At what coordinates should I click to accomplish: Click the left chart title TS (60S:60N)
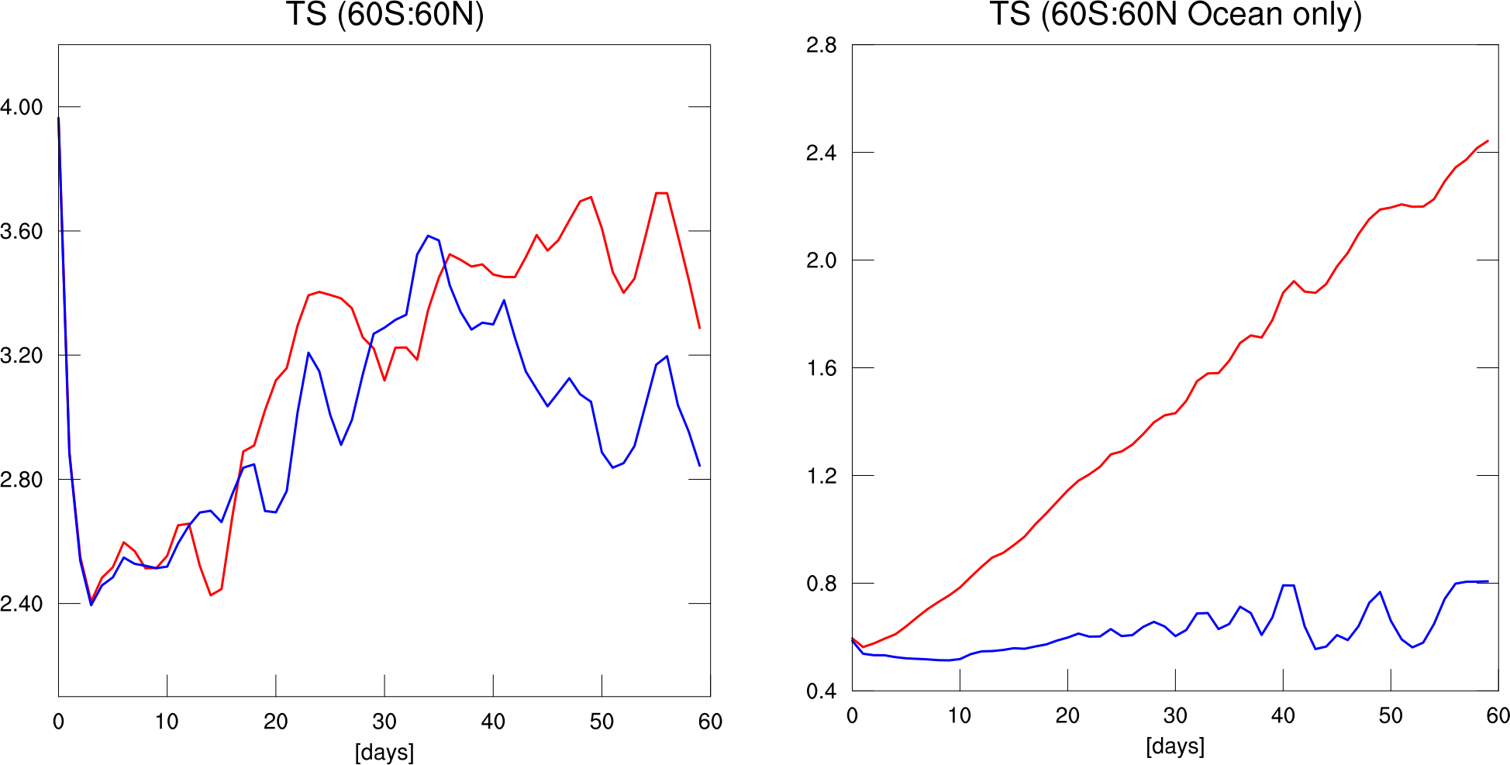[384, 15]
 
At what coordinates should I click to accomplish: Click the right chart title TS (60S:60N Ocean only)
[1175, 15]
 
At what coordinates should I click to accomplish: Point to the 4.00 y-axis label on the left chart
[22, 107]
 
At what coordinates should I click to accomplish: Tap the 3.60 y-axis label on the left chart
[22, 231]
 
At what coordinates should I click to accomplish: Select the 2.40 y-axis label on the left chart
[22, 604]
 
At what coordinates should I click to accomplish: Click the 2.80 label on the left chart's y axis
[22, 480]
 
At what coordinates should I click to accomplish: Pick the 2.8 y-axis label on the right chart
[822, 46]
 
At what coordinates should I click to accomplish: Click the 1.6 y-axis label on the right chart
[822, 368]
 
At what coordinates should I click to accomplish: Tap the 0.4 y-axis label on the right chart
[822, 691]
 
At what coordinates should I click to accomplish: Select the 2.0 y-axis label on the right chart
[822, 260]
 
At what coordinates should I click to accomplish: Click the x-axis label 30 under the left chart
[384, 722]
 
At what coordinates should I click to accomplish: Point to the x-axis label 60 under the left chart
[710, 722]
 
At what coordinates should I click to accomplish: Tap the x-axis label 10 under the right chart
[960, 716]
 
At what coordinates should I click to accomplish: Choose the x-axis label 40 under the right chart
[1283, 716]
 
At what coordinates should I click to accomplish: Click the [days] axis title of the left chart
[384, 753]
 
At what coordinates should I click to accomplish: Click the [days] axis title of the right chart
[1175, 746]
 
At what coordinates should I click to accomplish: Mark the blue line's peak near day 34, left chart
[428, 236]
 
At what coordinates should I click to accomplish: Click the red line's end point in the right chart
[1488, 141]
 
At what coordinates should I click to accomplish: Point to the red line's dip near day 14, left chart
[211, 595]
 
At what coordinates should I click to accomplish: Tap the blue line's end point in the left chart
[699, 466]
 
